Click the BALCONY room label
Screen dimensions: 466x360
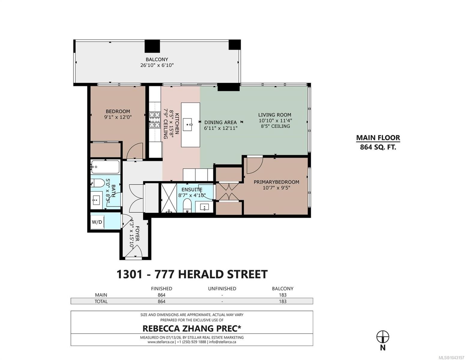pyautogui.click(x=157, y=59)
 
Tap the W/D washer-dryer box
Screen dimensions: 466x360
pyautogui.click(x=97, y=222)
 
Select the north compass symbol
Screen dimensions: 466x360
pyautogui.click(x=383, y=337)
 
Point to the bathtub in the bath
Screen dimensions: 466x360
pyautogui.click(x=105, y=167)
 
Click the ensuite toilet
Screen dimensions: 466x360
pyautogui.click(x=187, y=205)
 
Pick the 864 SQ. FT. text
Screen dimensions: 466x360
pyautogui.click(x=378, y=147)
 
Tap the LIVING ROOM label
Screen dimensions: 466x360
pyautogui.click(x=274, y=115)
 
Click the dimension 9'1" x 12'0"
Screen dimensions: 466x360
pyautogui.click(x=118, y=117)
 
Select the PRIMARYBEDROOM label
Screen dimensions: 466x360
pyautogui.click(x=277, y=182)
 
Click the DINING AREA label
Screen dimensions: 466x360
pyautogui.click(x=220, y=122)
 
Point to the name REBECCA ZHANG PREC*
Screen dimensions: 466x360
pyautogui.click(x=192, y=328)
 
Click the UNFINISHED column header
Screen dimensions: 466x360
pyautogui.click(x=222, y=289)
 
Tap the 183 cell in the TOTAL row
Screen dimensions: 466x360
pyautogui.click(x=283, y=301)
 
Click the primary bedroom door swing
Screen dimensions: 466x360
pyautogui.click(x=255, y=166)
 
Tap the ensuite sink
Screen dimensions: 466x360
pyautogui.click(x=204, y=207)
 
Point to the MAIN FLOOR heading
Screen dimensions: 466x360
pyautogui.click(x=378, y=138)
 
